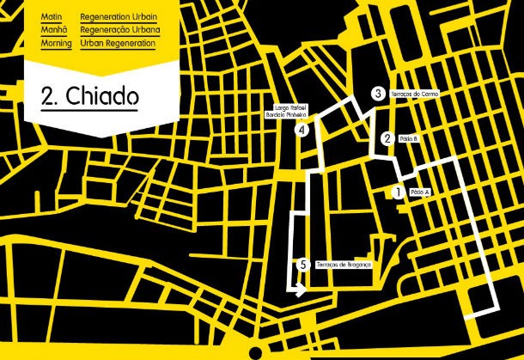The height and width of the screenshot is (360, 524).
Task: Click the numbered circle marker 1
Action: click(397, 192)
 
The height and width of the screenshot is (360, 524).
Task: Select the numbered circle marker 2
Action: click(388, 137)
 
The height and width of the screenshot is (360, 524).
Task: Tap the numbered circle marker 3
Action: click(378, 94)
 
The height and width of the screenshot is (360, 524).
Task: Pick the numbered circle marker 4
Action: click(302, 131)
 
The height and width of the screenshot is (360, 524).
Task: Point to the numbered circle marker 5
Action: click(302, 265)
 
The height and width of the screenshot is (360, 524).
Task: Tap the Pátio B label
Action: click(409, 137)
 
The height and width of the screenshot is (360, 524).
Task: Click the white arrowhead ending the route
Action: click(300, 292)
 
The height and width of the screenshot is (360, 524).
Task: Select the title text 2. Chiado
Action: click(88, 95)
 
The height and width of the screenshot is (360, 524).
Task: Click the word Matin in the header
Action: click(51, 16)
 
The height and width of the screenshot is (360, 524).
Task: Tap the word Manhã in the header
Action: click(52, 29)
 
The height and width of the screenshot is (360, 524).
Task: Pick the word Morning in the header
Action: click(56, 42)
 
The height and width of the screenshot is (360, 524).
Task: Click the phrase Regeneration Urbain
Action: click(119, 16)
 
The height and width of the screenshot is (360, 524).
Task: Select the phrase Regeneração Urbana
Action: click(119, 29)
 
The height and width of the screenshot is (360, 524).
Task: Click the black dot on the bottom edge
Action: click(255, 353)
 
